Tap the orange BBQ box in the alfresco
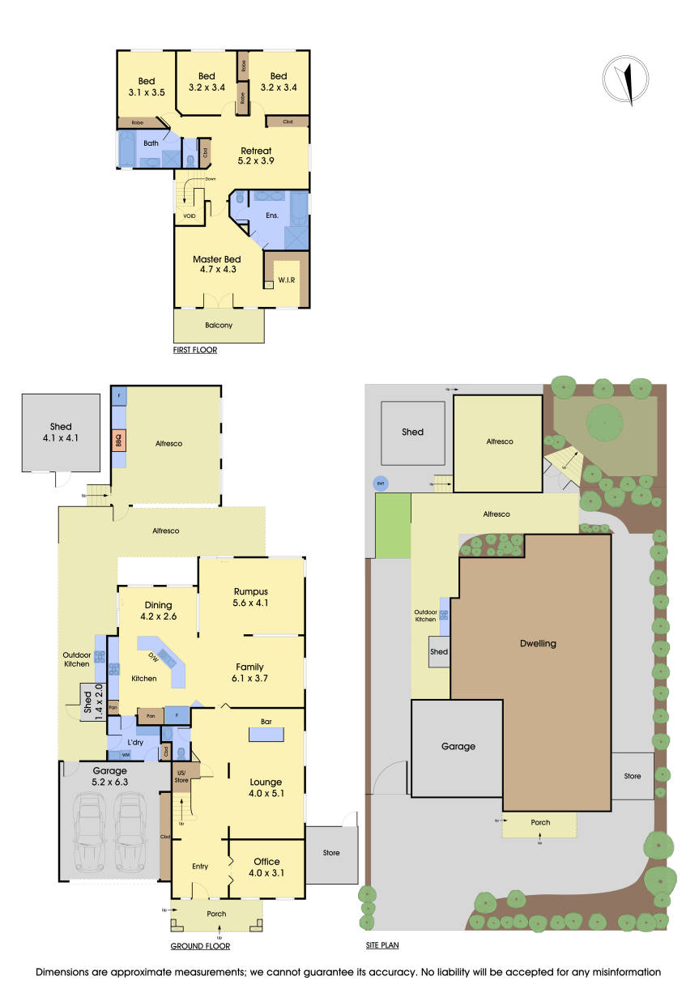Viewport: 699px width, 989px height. (117, 441)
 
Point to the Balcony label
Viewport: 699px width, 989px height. (219, 325)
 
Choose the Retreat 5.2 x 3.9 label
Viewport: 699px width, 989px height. (255, 156)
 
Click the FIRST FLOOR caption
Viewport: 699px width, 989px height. (195, 351)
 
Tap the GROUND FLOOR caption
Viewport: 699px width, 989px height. (200, 946)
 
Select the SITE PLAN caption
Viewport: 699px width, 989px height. (382, 944)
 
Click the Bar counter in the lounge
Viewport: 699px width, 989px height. (266, 734)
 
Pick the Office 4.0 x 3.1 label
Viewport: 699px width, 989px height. (266, 867)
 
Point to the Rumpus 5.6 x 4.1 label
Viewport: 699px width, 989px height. (250, 596)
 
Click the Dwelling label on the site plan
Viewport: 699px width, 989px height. (538, 644)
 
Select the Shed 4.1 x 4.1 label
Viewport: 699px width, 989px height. (61, 432)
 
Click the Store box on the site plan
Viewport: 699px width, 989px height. (633, 776)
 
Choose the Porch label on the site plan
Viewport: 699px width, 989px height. (540, 823)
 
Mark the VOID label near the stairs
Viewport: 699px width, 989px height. (189, 216)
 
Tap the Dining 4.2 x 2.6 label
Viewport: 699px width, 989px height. (159, 610)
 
